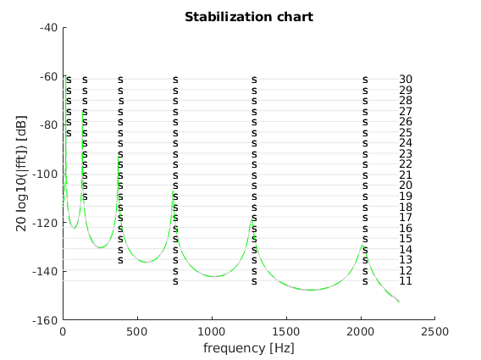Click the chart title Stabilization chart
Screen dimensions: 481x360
point(249,17)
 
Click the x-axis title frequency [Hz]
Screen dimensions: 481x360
point(249,348)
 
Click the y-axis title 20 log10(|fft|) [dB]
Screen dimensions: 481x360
point(21,174)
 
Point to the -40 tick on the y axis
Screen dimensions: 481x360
point(49,28)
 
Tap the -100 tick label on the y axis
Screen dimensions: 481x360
point(45,174)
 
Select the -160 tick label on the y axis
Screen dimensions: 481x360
point(45,320)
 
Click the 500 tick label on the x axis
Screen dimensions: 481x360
point(138,331)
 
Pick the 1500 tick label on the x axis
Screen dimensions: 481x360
point(286,331)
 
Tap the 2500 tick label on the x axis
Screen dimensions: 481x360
point(435,331)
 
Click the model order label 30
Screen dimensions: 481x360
point(406,79)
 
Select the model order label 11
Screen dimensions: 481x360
point(406,281)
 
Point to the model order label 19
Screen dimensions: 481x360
point(406,196)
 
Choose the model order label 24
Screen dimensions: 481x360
point(406,142)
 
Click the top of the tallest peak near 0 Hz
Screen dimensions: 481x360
point(66,75)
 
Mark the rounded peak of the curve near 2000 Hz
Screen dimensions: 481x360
point(362,246)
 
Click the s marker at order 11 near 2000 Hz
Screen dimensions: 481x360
point(365,281)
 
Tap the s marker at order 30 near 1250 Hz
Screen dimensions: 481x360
point(254,80)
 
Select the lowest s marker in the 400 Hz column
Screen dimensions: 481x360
point(120,260)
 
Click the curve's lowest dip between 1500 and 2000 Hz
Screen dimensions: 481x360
point(312,290)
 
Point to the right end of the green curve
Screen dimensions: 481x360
point(399,302)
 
